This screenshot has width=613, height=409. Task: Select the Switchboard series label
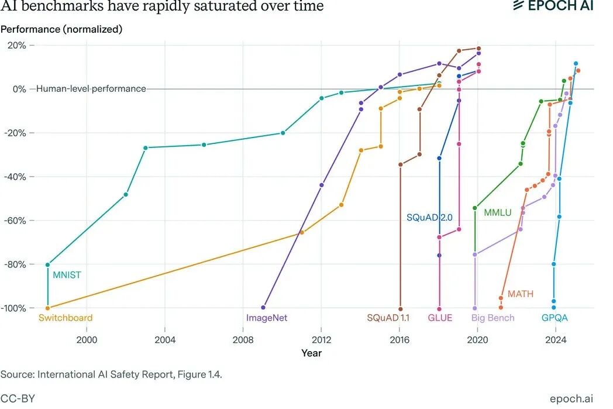click(66, 318)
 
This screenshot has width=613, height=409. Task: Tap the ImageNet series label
click(267, 318)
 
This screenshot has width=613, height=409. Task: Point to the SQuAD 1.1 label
click(388, 318)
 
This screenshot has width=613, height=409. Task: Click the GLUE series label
click(440, 318)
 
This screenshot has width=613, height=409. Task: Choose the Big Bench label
click(493, 318)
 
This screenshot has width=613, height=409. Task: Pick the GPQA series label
click(554, 318)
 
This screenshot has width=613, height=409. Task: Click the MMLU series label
click(497, 213)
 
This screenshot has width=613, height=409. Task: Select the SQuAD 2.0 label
click(430, 218)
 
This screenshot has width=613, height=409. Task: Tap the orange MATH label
click(521, 294)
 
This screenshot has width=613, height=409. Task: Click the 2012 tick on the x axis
click(321, 339)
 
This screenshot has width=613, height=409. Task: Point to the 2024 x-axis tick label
click(555, 339)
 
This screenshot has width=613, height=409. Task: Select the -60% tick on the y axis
click(18, 221)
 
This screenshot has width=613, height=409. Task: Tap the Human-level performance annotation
click(91, 89)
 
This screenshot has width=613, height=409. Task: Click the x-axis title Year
click(311, 353)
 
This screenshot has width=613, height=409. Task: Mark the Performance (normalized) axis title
click(61, 29)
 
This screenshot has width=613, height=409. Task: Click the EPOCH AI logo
click(553, 6)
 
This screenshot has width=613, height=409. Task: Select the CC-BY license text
click(18, 398)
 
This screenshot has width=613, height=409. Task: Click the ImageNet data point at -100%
click(263, 307)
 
